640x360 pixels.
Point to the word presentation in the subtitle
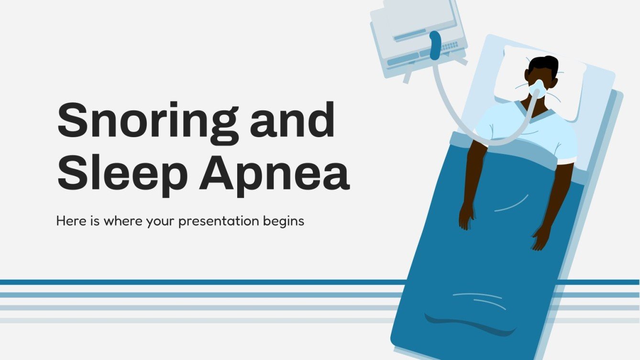pyautogui.click(x=219, y=221)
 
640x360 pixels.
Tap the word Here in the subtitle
pyautogui.click(x=69, y=221)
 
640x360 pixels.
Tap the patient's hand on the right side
pyautogui.click(x=542, y=237)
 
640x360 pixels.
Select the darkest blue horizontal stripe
pyautogui.click(x=191, y=282)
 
